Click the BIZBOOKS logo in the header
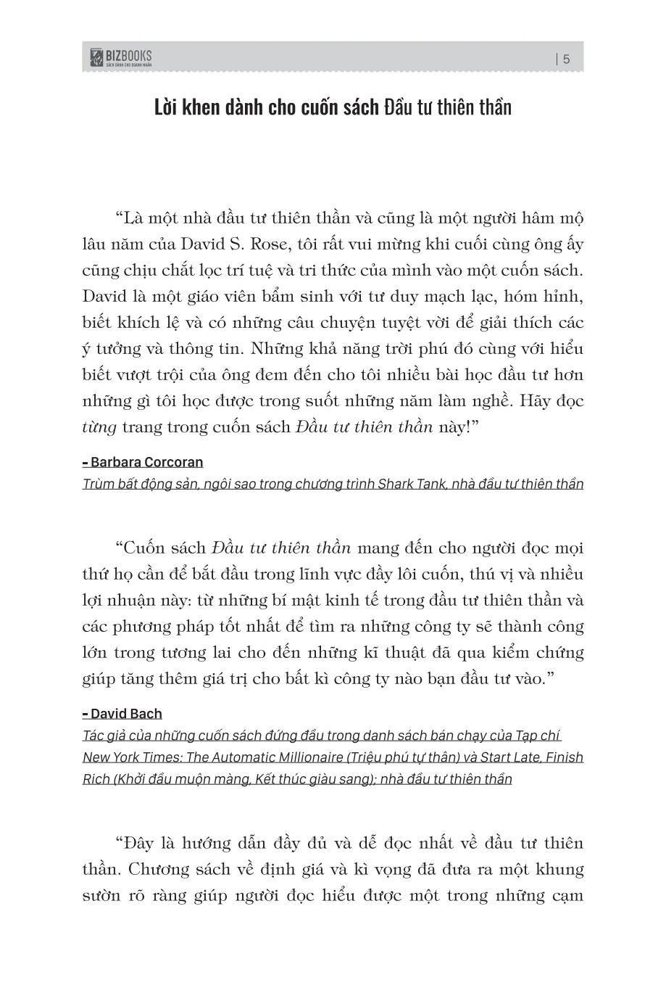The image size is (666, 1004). [x=121, y=58]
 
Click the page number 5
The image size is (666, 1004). [x=566, y=59]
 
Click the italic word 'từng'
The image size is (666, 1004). [x=99, y=427]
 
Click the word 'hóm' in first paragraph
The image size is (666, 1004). [x=498, y=296]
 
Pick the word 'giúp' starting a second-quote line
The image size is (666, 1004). [x=99, y=678]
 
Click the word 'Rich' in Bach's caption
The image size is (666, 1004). [x=96, y=779]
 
